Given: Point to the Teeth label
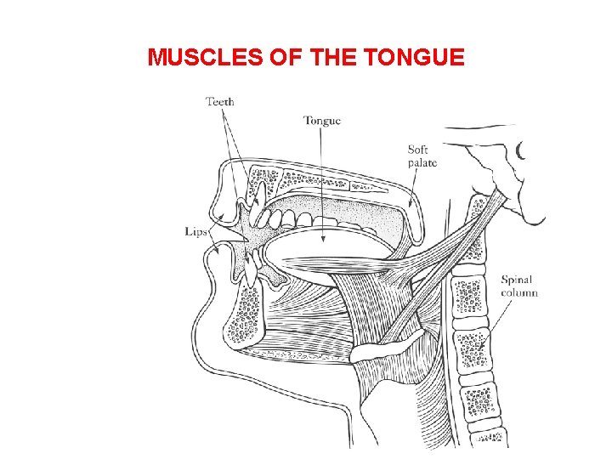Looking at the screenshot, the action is [x=219, y=102].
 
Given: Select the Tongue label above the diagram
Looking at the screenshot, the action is [x=322, y=121].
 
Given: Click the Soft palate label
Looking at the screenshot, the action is [x=422, y=156].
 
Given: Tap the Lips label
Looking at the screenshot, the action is [x=195, y=231].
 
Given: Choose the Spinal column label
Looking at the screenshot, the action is [x=518, y=286].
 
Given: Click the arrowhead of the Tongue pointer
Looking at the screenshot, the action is [x=323, y=239].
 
